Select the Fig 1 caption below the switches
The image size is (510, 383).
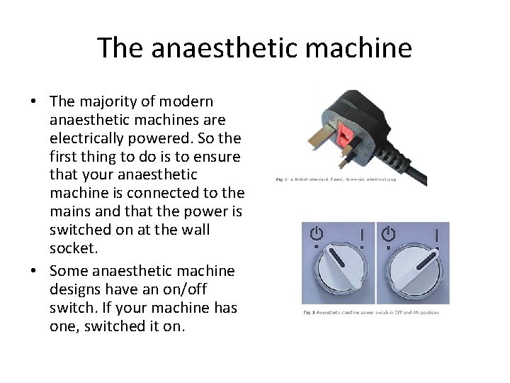pos(370,312)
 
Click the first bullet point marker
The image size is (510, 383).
pos(33,101)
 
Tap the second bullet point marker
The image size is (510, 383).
pos(33,272)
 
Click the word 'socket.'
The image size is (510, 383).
pos(74,248)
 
